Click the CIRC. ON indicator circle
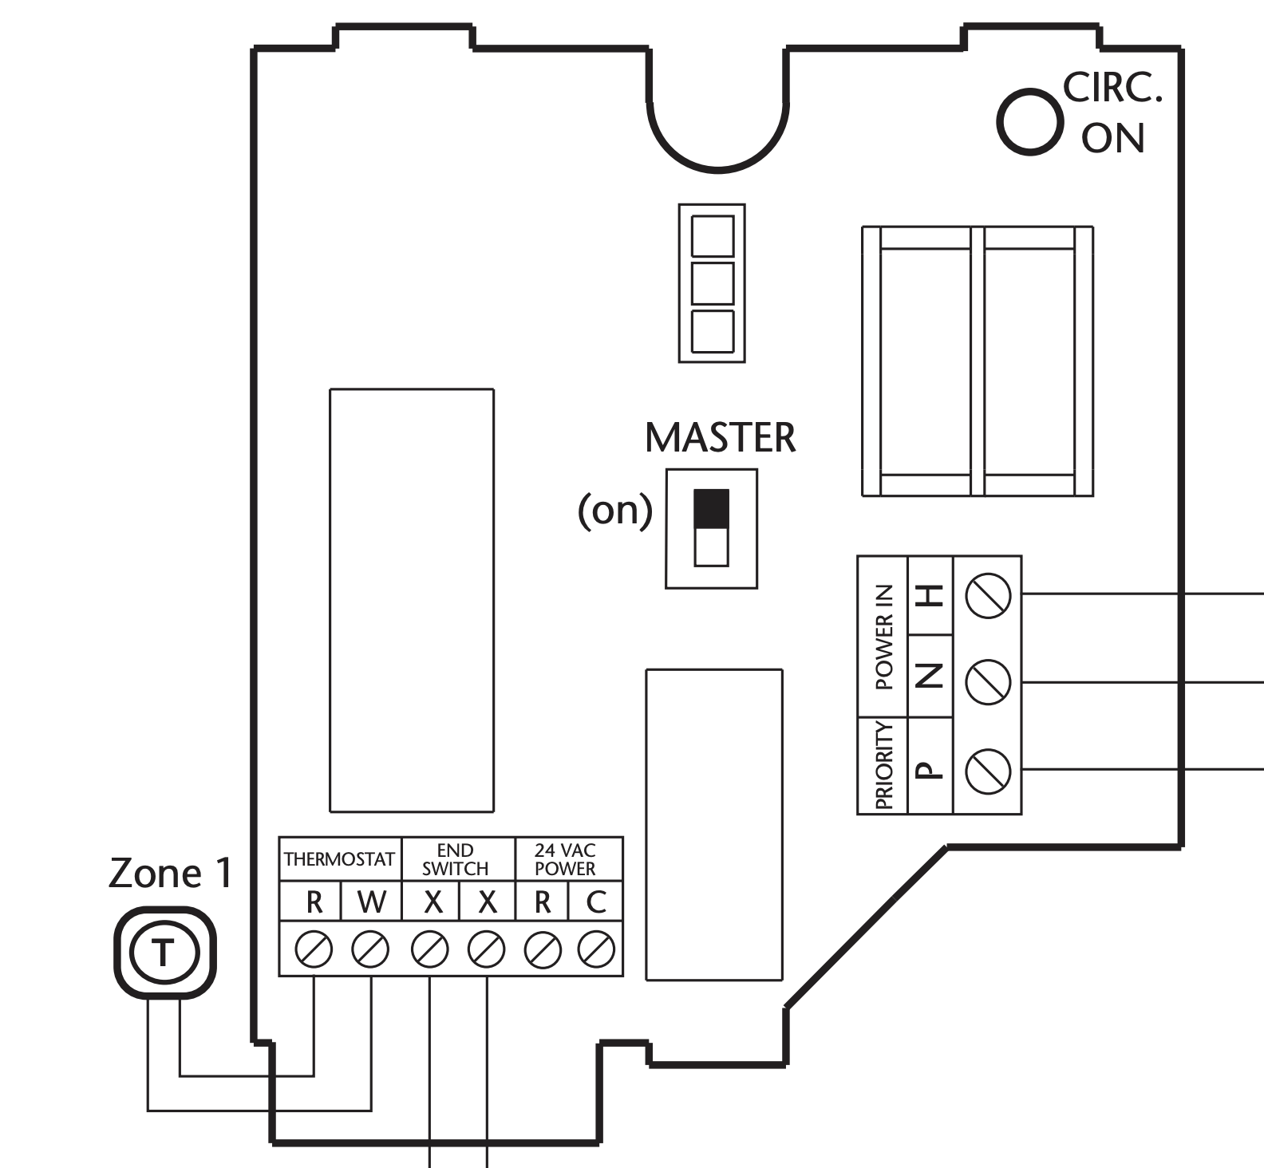(1030, 121)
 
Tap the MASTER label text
(720, 438)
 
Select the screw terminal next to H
(988, 594)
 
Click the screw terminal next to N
(988, 682)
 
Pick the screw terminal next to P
(988, 770)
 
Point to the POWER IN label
(883, 637)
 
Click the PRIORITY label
(883, 765)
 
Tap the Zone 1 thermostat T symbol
(164, 952)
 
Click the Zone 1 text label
(170, 873)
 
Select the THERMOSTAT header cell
(340, 859)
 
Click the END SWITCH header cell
(456, 859)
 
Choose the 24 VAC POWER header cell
(565, 859)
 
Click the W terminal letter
(371, 902)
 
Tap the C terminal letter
(595, 902)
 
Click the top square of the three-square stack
(712, 235)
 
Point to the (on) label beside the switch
(614, 511)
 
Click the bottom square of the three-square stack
(712, 331)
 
